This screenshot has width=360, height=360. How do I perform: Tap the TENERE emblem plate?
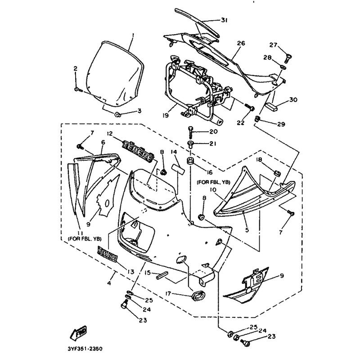[138, 146]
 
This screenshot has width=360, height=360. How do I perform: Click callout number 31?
[224, 20]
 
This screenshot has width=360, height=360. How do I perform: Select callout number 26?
[240, 44]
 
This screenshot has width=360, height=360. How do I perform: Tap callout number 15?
[147, 272]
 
